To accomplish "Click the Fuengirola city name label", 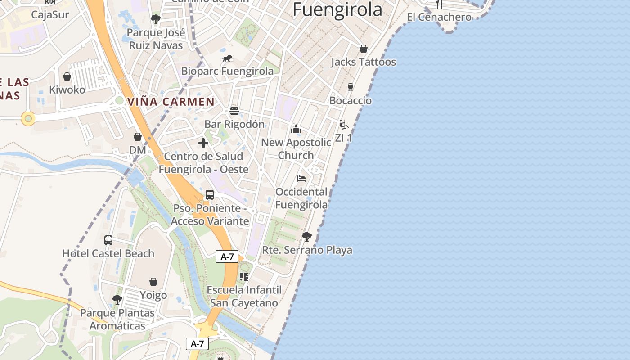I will click(337, 9).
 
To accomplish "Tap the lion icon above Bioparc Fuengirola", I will click(227, 58).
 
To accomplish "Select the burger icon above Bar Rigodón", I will click(234, 111).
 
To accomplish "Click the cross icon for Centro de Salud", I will click(203, 143).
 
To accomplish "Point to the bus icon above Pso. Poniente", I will click(210, 195).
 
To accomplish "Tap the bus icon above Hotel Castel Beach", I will click(108, 240).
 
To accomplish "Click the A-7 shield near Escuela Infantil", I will click(227, 257).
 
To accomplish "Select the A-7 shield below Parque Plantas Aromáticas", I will click(197, 344).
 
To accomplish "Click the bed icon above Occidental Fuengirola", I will click(301, 179).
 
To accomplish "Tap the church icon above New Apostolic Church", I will click(296, 130).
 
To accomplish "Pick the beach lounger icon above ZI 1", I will click(344, 125).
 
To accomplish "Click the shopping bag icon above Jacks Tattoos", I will click(363, 49).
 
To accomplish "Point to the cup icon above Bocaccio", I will click(351, 87).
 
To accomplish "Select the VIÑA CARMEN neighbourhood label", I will click(171, 102).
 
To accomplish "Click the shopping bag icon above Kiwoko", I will click(67, 76).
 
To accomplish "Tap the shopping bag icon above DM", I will click(138, 137).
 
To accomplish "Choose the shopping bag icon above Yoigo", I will click(153, 282).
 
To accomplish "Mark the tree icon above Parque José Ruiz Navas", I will click(156, 19).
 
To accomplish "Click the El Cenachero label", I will click(439, 17).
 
